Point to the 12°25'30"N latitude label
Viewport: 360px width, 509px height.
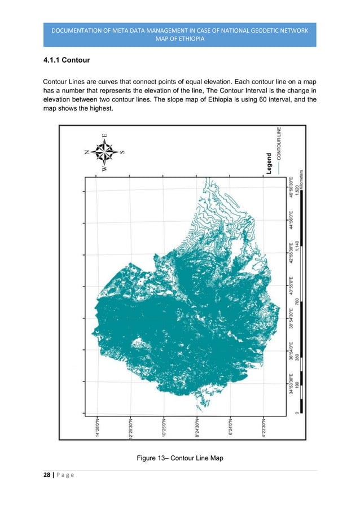tap(130, 429)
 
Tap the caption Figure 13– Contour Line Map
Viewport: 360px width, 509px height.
tap(180, 458)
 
